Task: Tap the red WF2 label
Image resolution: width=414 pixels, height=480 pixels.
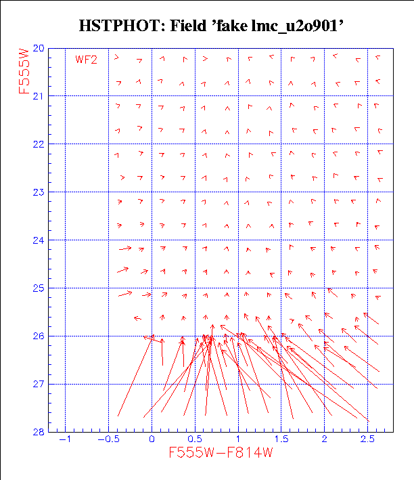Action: [x=86, y=60]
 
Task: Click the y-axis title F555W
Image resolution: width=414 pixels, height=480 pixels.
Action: [x=26, y=68]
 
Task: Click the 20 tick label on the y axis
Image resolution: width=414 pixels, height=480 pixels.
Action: [x=38, y=49]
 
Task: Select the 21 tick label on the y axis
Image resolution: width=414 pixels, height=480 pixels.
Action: [x=38, y=96]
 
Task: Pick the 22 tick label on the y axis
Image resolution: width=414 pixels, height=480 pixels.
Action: [x=38, y=144]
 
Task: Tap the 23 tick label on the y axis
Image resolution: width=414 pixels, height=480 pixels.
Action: [x=38, y=192]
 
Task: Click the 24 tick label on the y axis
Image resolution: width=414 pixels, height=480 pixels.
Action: [x=38, y=240]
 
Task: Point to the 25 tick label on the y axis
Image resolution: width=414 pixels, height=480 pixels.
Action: [x=38, y=288]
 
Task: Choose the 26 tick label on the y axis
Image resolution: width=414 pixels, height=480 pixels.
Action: [x=38, y=336]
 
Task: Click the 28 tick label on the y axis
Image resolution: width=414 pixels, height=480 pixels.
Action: [x=38, y=432]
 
